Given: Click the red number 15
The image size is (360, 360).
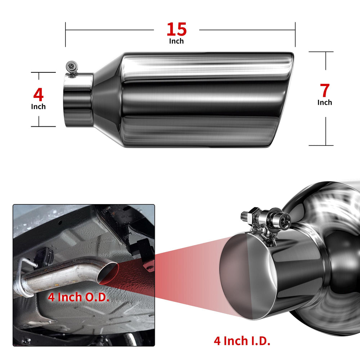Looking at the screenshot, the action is [176, 29].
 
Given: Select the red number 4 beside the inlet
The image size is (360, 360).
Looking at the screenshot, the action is [39, 95].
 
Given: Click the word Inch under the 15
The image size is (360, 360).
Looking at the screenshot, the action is [176, 41].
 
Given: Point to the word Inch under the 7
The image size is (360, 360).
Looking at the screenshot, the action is [325, 102].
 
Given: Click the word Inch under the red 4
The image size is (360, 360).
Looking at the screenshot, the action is [39, 107].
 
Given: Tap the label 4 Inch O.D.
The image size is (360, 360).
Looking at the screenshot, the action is [78, 297].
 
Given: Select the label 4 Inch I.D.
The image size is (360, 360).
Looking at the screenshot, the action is [242, 341].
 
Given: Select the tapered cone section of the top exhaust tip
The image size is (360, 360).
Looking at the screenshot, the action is [107, 100].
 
